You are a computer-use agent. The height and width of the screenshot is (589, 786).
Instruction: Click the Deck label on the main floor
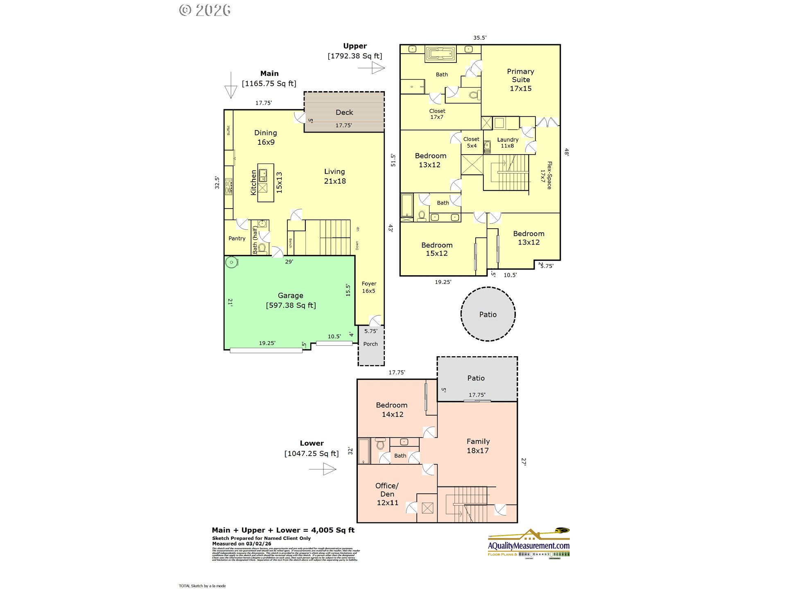(344, 112)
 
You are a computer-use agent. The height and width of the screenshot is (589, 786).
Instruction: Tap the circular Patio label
(488, 315)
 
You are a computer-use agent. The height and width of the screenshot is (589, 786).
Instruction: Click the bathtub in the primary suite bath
(440, 54)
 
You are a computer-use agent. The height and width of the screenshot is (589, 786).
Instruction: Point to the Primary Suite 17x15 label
(520, 80)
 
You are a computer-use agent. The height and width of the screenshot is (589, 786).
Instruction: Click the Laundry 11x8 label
(508, 142)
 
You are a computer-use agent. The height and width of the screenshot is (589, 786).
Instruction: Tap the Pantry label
(237, 238)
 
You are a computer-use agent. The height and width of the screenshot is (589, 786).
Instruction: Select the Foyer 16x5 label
(368, 287)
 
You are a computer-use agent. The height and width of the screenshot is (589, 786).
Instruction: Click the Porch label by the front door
(370, 344)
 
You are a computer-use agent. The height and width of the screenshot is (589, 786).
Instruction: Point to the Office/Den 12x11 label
(387, 494)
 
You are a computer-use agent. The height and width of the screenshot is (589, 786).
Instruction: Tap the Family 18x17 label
(478, 446)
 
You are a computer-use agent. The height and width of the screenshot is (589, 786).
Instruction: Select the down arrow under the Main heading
(231, 85)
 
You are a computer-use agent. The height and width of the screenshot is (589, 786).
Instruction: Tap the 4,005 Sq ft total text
(332, 530)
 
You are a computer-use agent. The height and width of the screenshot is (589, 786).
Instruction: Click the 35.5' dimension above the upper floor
(480, 38)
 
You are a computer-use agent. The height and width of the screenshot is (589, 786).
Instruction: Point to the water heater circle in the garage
(232, 262)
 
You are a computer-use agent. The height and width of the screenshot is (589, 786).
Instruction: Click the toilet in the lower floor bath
(380, 444)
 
